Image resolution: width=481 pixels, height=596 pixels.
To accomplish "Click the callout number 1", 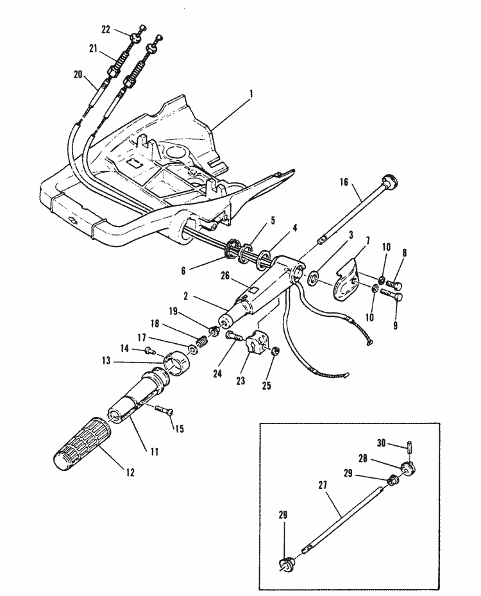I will click(x=251, y=93).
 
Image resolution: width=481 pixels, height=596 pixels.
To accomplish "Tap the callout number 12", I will click(x=130, y=473).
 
